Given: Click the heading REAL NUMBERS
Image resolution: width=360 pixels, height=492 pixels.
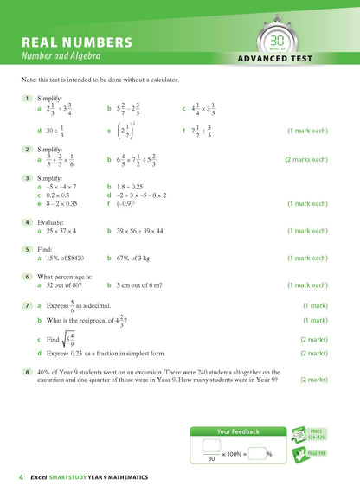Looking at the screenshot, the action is [77, 42].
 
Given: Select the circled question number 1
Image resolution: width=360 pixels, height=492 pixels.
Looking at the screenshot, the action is [29, 98].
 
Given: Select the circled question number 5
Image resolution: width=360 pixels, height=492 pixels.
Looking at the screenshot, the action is [29, 247].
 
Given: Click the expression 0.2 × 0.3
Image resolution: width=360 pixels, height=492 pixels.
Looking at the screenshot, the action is [64, 195].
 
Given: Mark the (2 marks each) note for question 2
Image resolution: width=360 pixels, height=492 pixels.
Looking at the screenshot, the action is [306, 160].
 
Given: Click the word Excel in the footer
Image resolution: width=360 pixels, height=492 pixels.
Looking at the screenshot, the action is [38, 477].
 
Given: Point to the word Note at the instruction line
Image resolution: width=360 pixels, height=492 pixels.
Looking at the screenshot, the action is [27, 80].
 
